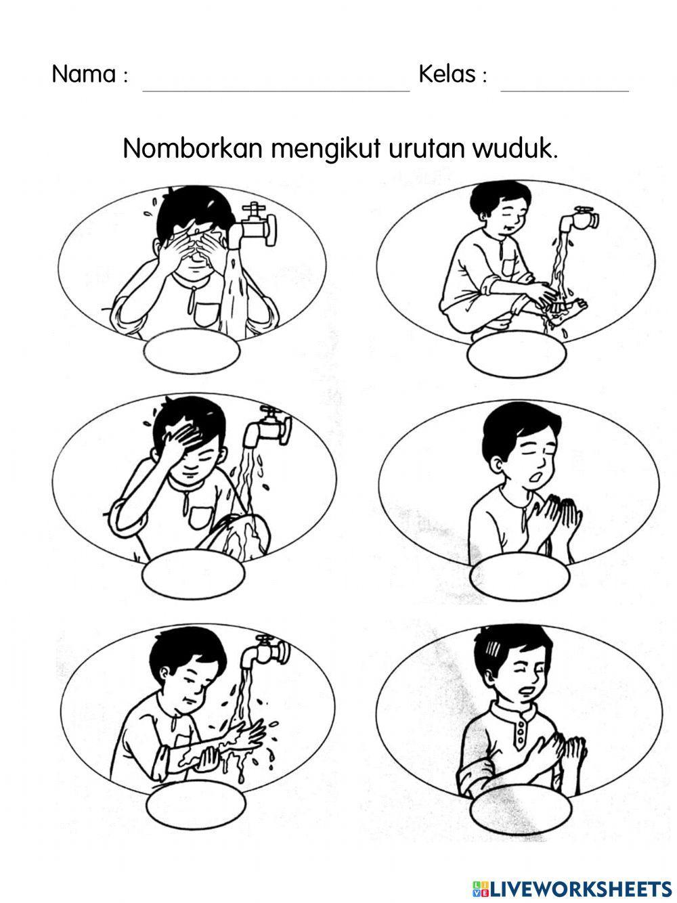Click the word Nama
84,74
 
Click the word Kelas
447,74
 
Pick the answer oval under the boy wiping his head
193,575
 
